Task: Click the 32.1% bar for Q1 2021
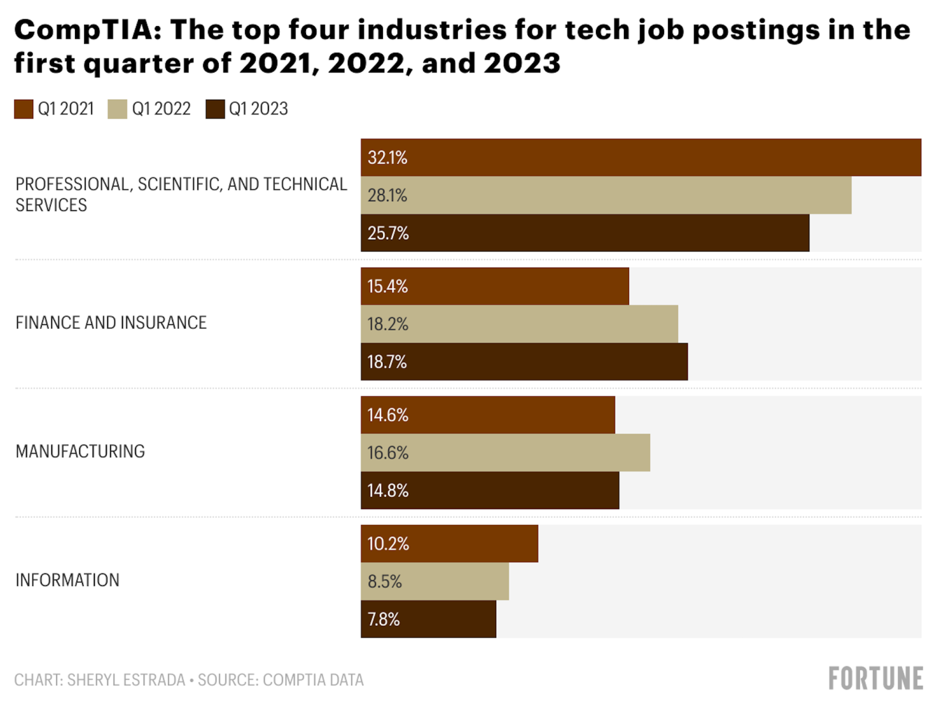(x=641, y=158)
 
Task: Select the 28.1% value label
(x=387, y=195)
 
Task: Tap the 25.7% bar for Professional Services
(x=585, y=233)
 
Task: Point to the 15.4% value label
(x=387, y=287)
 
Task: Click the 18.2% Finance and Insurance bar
(x=519, y=324)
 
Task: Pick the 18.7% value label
(x=387, y=362)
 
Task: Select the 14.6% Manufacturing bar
(x=488, y=415)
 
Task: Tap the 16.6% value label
(x=387, y=453)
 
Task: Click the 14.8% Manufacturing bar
(x=490, y=490)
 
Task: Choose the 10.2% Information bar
(x=449, y=544)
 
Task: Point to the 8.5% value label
(x=385, y=582)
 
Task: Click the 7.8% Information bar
(x=428, y=619)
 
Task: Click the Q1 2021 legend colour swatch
(x=23, y=109)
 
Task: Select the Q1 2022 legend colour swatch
(x=117, y=109)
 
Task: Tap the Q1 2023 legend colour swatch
(x=215, y=109)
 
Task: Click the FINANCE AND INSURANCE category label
(x=111, y=323)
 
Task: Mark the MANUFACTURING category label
(x=80, y=452)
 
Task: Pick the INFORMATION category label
(x=68, y=580)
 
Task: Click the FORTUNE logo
(x=875, y=679)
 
